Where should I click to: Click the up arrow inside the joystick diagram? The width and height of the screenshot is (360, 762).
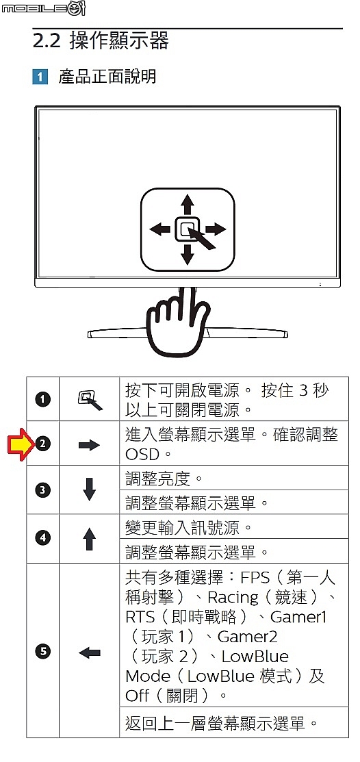pos(188,205)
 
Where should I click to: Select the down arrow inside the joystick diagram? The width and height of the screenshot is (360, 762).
pos(188,253)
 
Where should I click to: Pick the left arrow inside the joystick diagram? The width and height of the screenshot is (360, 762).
pos(160,229)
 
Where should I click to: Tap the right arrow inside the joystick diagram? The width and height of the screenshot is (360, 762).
pos(214,229)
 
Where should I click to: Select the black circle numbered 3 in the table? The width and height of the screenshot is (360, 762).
pos(42,490)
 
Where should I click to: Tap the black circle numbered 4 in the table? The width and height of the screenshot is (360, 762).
pos(42,538)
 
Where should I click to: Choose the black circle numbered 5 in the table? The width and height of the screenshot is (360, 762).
pos(42,652)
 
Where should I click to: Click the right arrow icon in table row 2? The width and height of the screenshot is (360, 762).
pos(89,444)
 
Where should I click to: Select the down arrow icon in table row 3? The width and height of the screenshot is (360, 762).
pos(89,490)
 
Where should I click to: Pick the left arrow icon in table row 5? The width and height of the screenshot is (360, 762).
pos(90,653)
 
